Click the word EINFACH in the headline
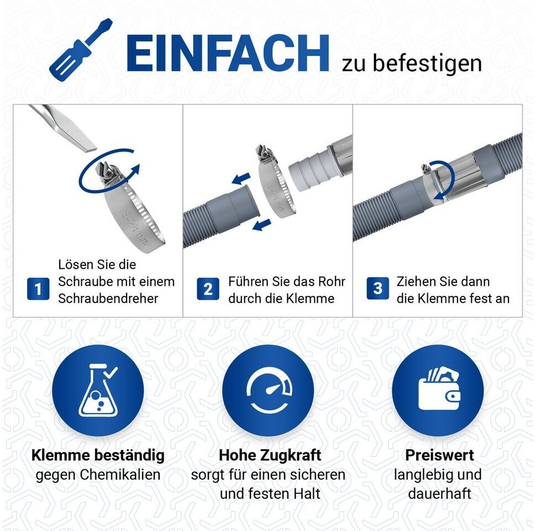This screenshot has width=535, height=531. click(228, 53)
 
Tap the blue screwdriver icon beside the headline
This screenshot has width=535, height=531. click(81, 48)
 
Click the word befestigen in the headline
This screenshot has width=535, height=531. click(427, 64)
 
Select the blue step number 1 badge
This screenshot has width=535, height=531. click(38, 289)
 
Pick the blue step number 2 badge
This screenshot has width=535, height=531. click(208, 289)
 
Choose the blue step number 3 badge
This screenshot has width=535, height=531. click(377, 289)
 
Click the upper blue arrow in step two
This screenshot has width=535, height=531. click(241, 178)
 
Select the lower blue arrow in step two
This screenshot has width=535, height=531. click(262, 225)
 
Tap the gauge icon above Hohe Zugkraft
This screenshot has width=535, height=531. click(268, 393)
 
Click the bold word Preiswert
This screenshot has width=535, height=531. click(439, 455)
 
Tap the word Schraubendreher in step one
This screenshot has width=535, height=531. click(108, 299)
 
